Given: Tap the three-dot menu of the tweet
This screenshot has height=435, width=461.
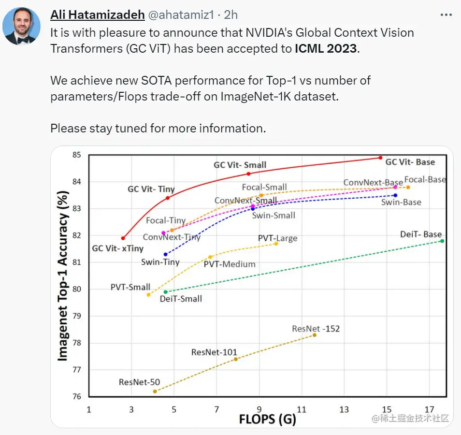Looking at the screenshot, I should (446, 15).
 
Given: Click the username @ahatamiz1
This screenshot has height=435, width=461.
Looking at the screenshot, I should (180, 15).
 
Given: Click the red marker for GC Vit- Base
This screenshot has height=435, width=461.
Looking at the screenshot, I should (380, 158).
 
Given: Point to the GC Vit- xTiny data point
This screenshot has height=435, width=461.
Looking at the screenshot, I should (123, 238).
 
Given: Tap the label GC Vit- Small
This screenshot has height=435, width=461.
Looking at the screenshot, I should (240, 165).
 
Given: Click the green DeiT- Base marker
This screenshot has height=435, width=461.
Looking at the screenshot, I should (442, 241).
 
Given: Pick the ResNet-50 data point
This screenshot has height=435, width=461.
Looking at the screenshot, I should (155, 391).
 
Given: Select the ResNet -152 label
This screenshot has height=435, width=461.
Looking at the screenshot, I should (316, 329).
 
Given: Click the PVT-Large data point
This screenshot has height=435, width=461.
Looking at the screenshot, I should (276, 244).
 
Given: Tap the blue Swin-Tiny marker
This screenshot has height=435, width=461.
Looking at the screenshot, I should (165, 254).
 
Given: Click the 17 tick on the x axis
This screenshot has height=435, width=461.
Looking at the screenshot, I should (430, 410).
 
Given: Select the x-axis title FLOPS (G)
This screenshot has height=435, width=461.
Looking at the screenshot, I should (267, 419).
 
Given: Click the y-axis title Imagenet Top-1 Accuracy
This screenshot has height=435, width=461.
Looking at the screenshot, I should (63, 275).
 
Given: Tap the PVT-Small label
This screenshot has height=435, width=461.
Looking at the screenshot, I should (130, 287).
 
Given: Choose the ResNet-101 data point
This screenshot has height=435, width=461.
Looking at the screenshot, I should (235, 359).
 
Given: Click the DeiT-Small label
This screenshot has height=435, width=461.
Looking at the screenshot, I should (181, 299).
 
